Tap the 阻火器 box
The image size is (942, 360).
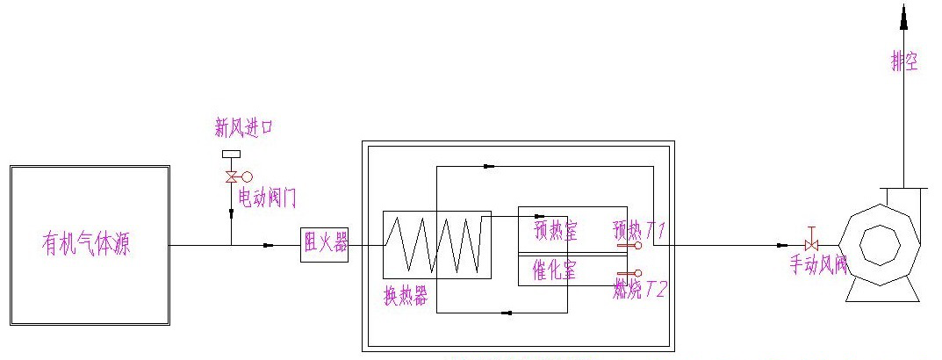tap(324, 244)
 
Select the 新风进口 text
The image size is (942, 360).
tap(244, 128)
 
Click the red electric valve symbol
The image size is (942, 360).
tap(232, 176)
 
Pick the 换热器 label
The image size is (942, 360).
tap(407, 297)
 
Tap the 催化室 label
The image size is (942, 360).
tap(555, 270)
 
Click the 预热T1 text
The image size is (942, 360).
tap(640, 231)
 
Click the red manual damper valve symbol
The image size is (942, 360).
tap(812, 245)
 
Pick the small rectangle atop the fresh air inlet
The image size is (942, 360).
tap(232, 155)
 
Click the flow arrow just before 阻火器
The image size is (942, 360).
tap(269, 245)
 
